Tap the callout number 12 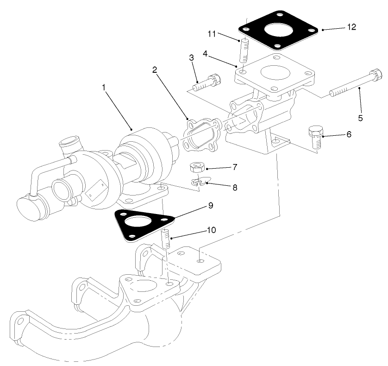click(x=351, y=26)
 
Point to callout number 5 click(x=360, y=118)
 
